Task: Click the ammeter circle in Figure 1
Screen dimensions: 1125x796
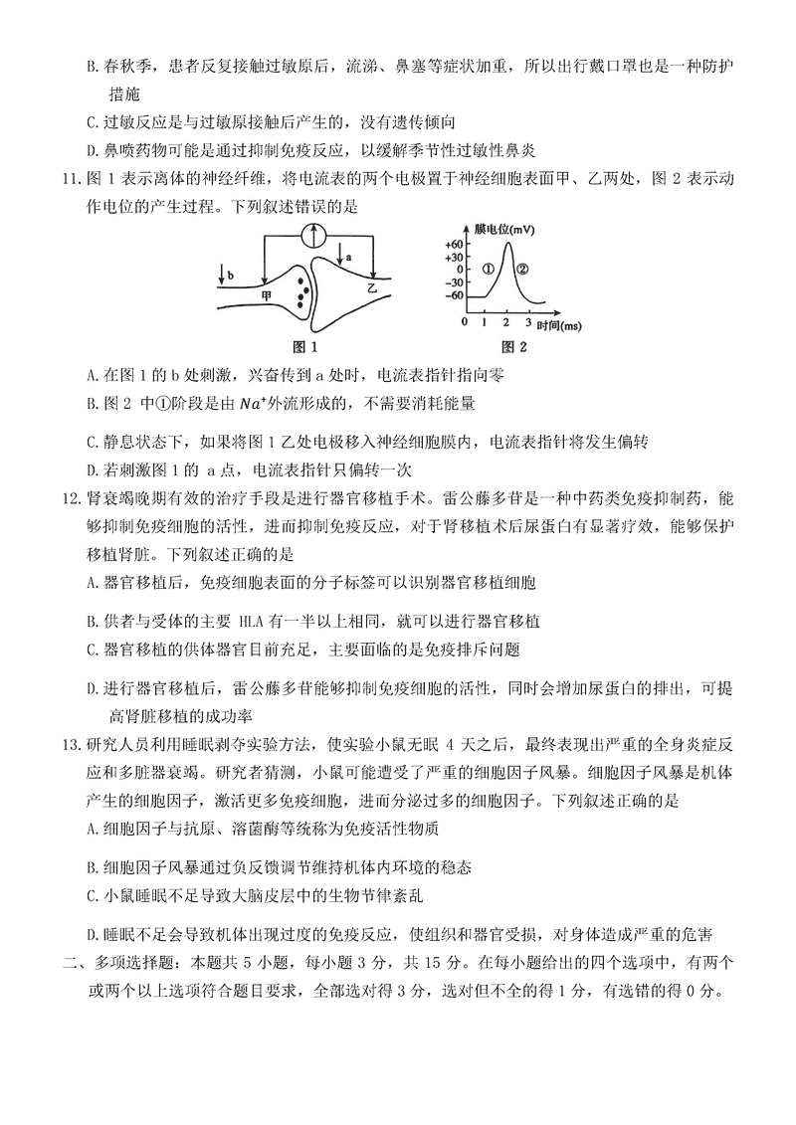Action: pos(314,235)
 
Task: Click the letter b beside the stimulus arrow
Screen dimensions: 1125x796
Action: pos(232,274)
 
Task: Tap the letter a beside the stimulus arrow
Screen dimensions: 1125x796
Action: pos(348,257)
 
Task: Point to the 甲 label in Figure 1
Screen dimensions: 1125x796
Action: pos(267,295)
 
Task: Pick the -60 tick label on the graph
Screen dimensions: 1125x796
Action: pos(455,295)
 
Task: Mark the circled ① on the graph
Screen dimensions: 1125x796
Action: pos(488,269)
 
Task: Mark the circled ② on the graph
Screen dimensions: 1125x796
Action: pos(524,269)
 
